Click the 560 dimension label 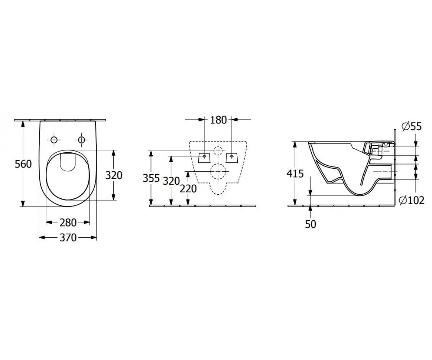(x=23, y=164)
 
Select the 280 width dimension (x=68, y=223)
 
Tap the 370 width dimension (x=68, y=238)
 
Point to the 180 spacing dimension (x=218, y=120)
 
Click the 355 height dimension (x=151, y=178)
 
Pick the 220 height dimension (x=188, y=189)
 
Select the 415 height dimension (x=295, y=174)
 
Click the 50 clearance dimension (x=311, y=224)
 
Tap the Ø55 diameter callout (x=411, y=126)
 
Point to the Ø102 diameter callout (x=412, y=200)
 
